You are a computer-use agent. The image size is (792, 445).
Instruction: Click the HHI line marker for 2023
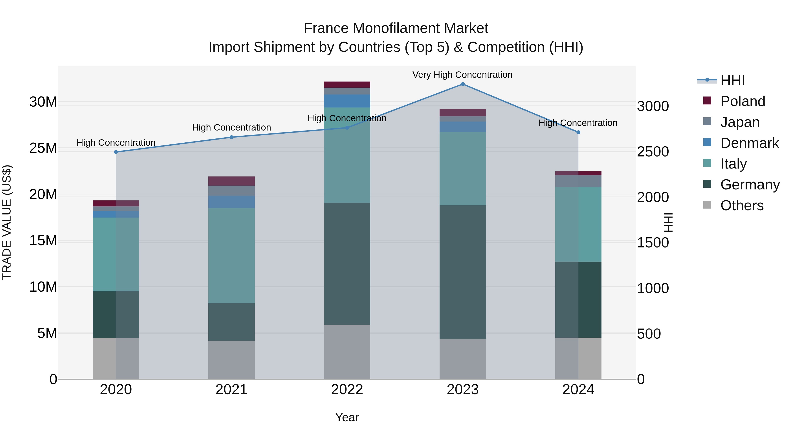tap(462, 84)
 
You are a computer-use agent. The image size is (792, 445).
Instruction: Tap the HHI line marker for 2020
tap(116, 152)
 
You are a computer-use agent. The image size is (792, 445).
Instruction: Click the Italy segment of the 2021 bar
tap(231, 256)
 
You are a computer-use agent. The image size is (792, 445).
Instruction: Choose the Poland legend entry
tap(742, 101)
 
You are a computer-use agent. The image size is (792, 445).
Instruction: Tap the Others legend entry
tap(742, 205)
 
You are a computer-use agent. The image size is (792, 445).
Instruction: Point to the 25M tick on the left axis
tap(43, 148)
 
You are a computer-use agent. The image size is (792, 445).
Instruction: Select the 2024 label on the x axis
tap(578, 390)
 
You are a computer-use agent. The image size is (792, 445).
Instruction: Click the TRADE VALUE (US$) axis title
tap(7, 222)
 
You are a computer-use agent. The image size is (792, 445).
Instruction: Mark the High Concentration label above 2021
tap(231, 127)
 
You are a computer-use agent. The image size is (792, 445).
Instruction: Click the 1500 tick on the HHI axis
tap(653, 243)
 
